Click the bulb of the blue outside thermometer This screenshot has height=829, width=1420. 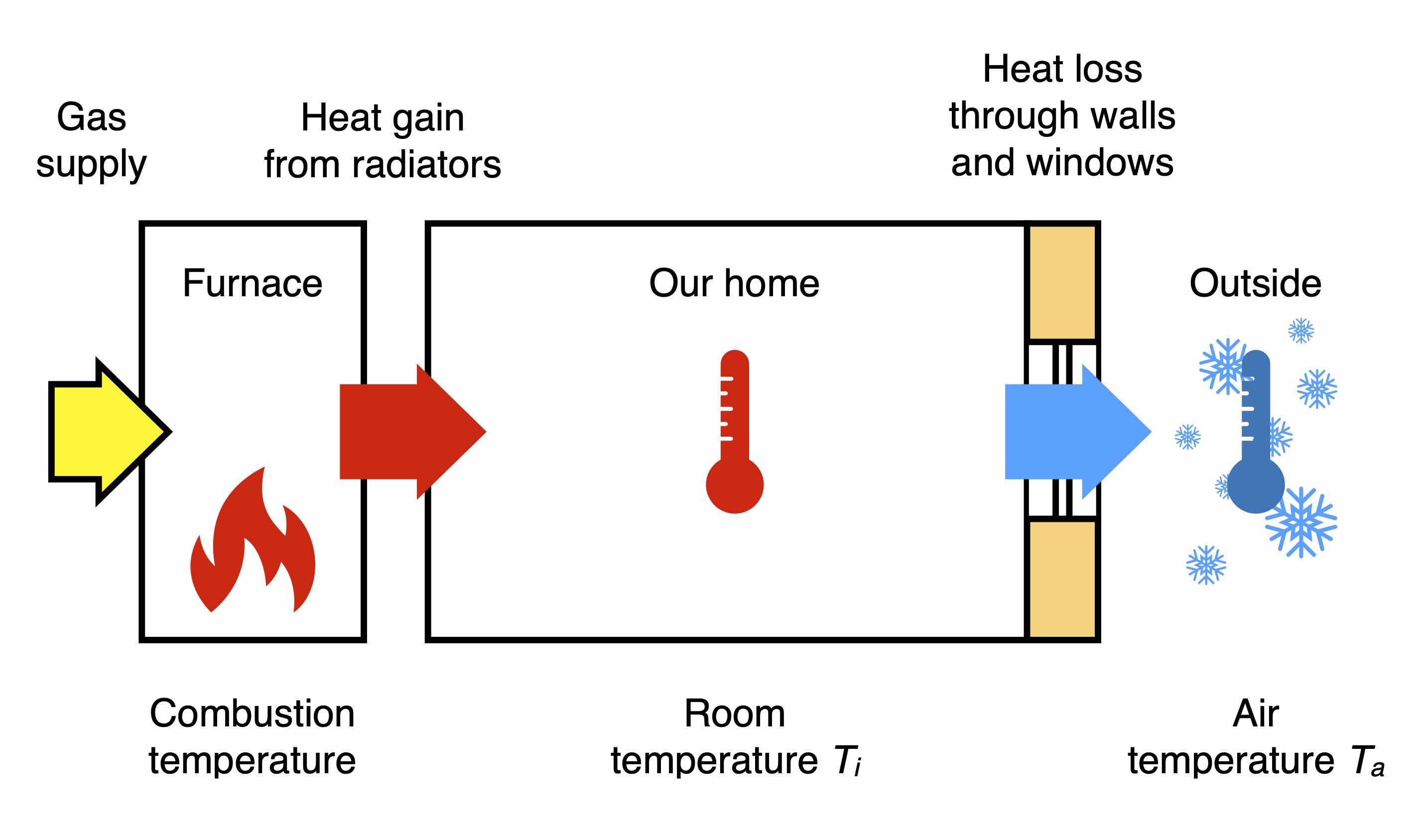(1256, 485)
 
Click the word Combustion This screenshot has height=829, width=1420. (252, 713)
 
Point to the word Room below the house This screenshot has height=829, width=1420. (734, 713)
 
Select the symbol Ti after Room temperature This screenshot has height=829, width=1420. (847, 760)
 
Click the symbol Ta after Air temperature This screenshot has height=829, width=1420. (1367, 760)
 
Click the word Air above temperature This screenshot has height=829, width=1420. (1256, 713)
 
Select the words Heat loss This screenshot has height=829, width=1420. (1062, 69)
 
